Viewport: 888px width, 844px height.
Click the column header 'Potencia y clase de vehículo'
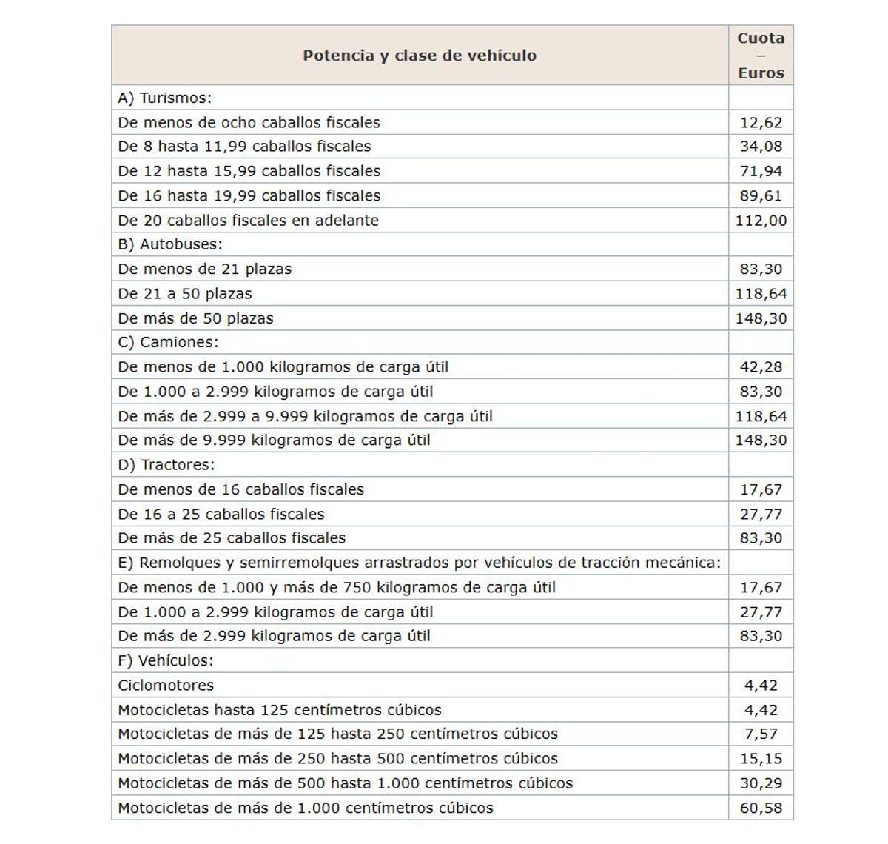point(420,56)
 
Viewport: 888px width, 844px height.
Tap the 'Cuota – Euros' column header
point(761,56)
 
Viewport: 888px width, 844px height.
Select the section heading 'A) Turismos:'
point(165,98)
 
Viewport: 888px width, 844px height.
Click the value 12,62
point(761,123)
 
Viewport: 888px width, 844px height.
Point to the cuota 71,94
point(761,171)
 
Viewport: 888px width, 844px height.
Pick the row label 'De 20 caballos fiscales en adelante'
point(248,221)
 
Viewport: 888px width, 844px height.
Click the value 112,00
point(761,221)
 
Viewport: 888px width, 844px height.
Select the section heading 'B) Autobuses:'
point(170,244)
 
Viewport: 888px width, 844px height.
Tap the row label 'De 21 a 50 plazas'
point(185,294)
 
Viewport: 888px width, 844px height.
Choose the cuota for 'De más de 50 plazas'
point(761,318)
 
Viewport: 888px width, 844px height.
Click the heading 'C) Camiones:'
point(168,342)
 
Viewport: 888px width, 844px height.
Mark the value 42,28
point(761,367)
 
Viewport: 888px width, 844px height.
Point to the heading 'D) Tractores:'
point(166,465)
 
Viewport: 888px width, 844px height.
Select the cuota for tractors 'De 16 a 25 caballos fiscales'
point(761,514)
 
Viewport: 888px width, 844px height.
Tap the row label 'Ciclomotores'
point(166,686)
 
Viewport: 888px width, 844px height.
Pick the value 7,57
point(761,734)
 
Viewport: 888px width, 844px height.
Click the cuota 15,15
point(761,759)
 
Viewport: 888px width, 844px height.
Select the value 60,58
point(761,808)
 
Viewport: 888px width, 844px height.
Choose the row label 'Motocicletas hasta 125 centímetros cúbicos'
point(280,710)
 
